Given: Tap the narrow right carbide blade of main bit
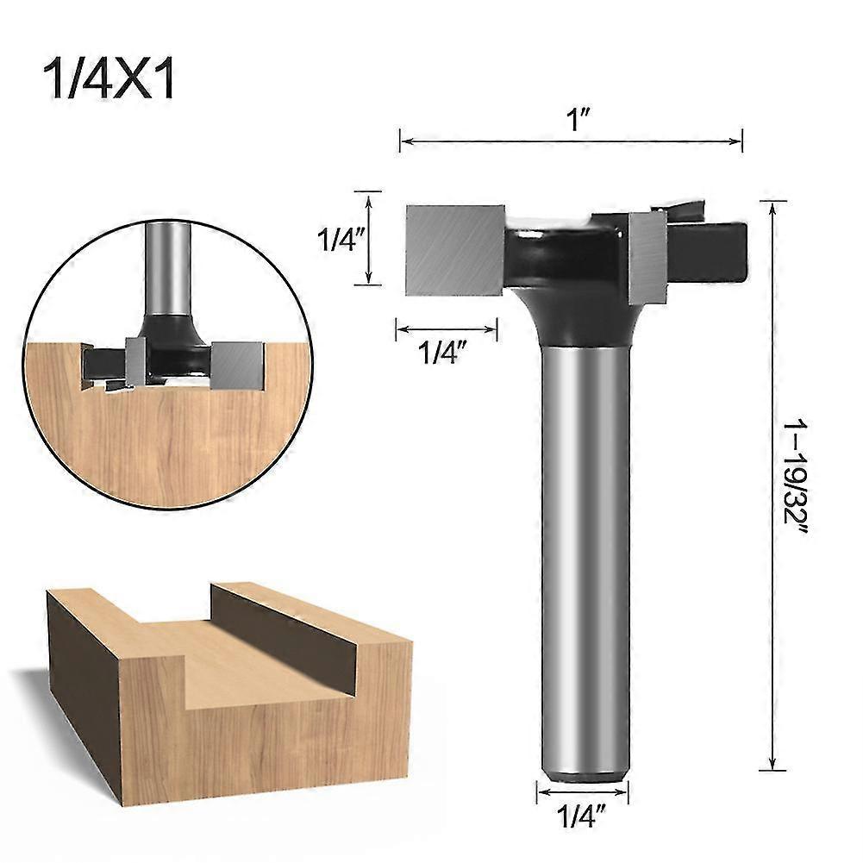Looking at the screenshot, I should (x=647, y=255).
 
